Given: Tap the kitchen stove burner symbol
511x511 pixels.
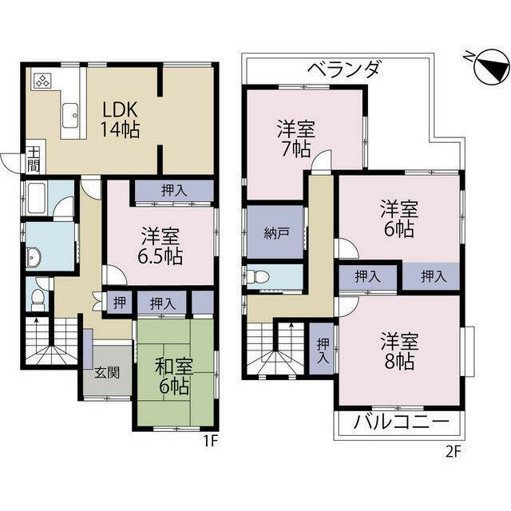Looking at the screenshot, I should point(42,81).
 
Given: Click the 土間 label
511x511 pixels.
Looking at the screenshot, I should point(34,158).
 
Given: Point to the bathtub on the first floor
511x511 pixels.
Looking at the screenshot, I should point(37,197).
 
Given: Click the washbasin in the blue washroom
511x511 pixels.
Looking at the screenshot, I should point(34,257).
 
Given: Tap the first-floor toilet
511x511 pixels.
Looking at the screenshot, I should point(37,299).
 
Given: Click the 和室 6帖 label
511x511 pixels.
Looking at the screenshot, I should point(172,377).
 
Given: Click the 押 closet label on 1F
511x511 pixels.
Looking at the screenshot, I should point(117,303).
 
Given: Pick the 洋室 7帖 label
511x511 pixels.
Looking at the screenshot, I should point(295,137).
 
